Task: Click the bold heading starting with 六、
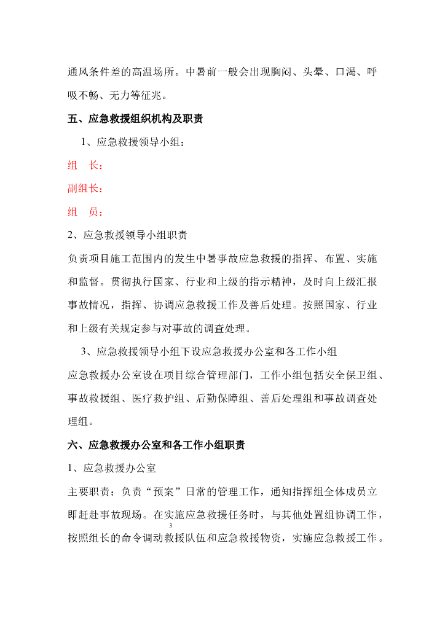156,445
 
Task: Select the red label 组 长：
85,166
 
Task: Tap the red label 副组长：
85,189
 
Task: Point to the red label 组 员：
85,212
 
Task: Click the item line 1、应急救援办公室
111,468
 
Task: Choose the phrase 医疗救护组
160,398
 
